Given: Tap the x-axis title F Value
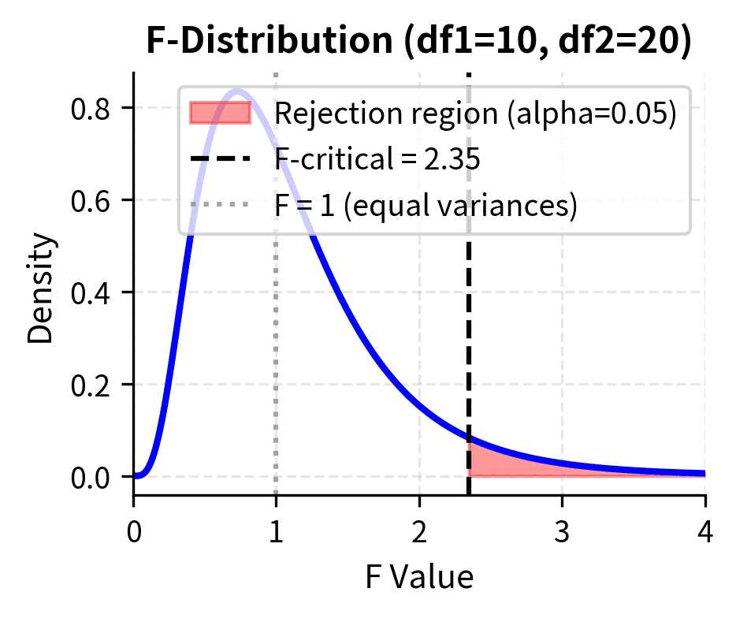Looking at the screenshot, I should [x=418, y=578].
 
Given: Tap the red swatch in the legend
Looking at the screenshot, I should [x=220, y=114].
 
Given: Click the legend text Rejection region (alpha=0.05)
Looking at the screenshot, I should [x=475, y=114].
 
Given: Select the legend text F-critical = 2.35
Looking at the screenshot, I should [x=377, y=160].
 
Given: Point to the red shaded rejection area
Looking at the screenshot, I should [x=504, y=466].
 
